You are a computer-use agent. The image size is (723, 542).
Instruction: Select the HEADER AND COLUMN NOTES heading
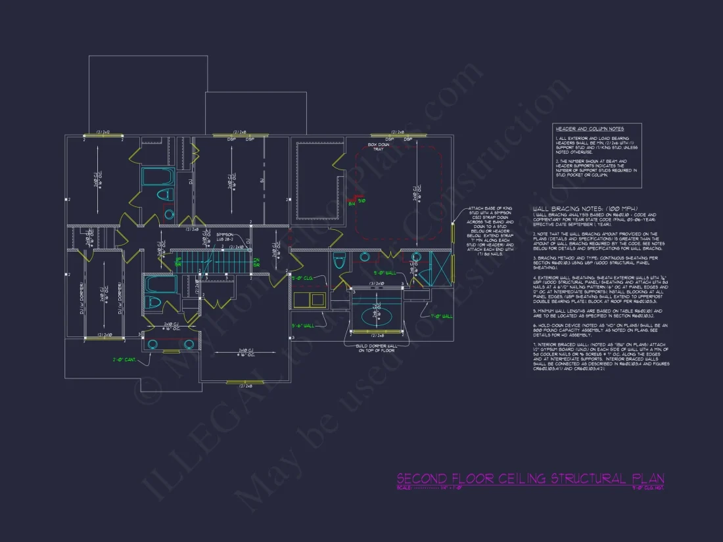pyautogui.click(x=588, y=129)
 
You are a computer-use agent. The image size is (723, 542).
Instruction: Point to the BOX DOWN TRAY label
pyautogui.click(x=379, y=147)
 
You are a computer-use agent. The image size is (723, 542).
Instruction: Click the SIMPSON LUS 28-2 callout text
pyautogui.click(x=225, y=236)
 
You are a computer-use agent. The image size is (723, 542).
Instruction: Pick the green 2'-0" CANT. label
pyautogui.click(x=125, y=359)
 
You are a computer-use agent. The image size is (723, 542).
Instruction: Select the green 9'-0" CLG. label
pyautogui.click(x=302, y=279)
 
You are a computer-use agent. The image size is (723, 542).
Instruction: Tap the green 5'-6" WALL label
pyautogui.click(x=303, y=325)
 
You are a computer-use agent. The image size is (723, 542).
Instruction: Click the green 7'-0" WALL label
pyautogui.click(x=441, y=316)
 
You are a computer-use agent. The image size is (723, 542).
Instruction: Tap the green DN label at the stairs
pyautogui.click(x=256, y=261)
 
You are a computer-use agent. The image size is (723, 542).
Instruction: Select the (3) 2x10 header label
pyautogui.click(x=376, y=283)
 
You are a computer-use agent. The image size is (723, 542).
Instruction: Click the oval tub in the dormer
pyautogui.click(x=377, y=314)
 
